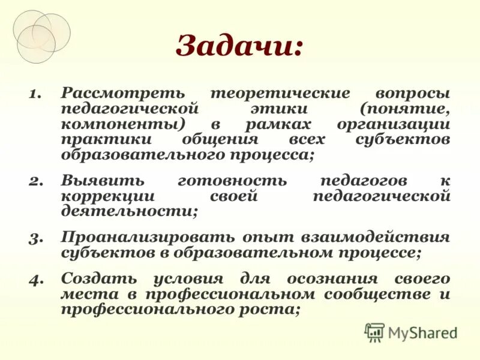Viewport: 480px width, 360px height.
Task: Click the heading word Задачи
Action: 239,46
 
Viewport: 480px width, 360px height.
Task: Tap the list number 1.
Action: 36,94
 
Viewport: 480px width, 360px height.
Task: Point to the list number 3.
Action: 36,237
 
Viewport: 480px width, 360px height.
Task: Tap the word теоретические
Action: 280,94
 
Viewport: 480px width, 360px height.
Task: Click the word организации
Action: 394,124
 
